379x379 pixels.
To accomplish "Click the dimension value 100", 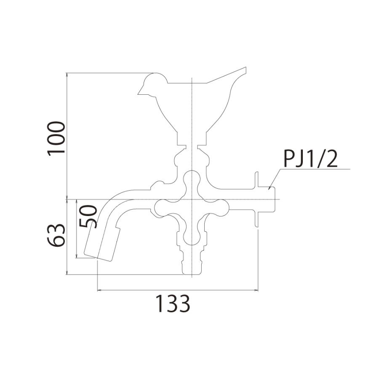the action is click(56, 139).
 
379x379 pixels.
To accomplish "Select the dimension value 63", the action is click(56, 235).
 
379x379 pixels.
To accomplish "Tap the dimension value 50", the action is click(88, 216).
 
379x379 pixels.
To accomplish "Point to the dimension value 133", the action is click(172, 304).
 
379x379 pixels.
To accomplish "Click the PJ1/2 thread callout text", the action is click(310, 159).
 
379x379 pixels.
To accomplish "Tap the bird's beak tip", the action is click(138, 94).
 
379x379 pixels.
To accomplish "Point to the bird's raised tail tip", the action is click(246, 67).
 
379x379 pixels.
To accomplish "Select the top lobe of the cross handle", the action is click(192, 179).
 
